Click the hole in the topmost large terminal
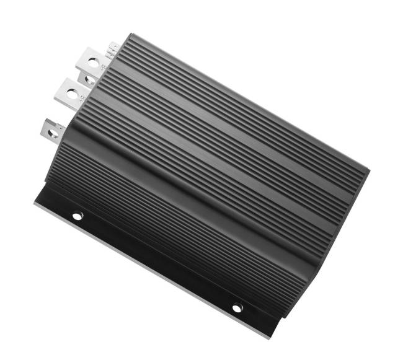pyautogui.click(x=92, y=62)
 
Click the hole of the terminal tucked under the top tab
pyautogui.click(x=89, y=80)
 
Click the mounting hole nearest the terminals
pyautogui.click(x=77, y=216)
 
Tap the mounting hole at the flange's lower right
pyautogui.click(x=237, y=307)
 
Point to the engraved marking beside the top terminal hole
pyautogui.click(x=102, y=66)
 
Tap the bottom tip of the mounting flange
pyautogui.click(x=271, y=337)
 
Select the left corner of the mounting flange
pyautogui.click(x=35, y=202)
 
